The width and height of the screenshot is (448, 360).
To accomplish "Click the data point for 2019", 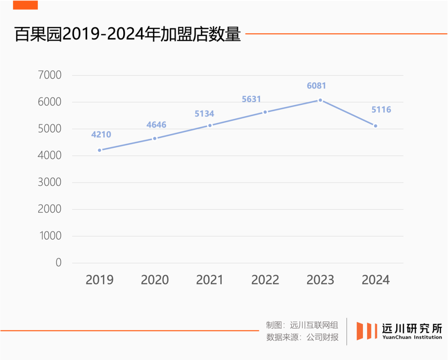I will [100, 150].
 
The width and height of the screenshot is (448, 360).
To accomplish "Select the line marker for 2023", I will [320, 100].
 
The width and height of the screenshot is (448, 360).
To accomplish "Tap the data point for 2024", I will [375, 126].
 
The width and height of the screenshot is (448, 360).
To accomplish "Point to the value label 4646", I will [156, 125].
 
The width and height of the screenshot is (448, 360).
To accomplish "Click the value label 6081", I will [317, 86].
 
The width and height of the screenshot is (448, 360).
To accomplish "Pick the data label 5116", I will [381, 110].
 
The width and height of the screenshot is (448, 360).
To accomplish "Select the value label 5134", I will [204, 114].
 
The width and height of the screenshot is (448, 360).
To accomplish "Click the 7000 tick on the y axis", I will [49, 75].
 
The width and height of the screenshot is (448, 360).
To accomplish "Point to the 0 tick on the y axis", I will [58, 262].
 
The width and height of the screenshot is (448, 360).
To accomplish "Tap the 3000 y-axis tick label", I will [49, 182].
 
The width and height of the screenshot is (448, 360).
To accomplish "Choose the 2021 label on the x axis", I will [210, 280].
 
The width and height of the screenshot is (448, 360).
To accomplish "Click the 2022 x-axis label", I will [265, 280].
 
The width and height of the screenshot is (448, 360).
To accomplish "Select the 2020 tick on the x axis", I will [155, 280].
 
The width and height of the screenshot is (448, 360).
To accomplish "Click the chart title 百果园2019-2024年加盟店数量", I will [128, 34].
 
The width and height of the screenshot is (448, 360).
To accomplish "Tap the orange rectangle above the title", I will [25, 5].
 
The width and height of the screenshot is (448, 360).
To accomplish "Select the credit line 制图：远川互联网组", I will [302, 325].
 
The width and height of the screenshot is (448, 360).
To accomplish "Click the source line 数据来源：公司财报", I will [302, 337].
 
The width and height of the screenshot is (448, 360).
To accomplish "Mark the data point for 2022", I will [265, 112].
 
